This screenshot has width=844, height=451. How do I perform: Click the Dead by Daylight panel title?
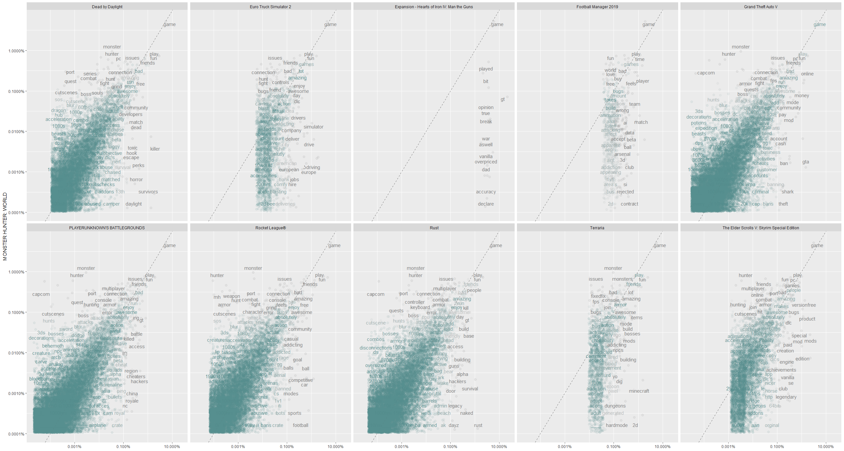click(107, 7)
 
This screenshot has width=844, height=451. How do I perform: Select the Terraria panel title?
click(597, 228)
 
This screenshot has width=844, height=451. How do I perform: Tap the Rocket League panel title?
click(270, 228)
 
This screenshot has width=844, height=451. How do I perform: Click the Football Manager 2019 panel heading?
click(597, 7)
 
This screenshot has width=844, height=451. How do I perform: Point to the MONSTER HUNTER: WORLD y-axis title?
click(5, 226)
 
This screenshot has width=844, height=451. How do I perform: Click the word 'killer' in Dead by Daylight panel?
click(155, 149)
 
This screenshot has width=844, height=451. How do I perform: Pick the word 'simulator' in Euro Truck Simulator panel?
click(313, 127)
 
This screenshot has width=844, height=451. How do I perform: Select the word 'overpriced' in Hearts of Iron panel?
click(486, 162)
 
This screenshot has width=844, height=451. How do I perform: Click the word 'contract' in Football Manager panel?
click(629, 204)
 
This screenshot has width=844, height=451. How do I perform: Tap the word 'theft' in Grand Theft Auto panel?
click(783, 204)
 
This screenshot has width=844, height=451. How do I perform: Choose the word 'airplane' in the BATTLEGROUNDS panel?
click(97, 425)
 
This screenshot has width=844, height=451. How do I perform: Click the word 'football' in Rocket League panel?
click(300, 425)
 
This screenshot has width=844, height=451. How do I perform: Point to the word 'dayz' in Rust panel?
click(454, 425)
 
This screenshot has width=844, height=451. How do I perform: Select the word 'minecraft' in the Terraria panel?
click(639, 391)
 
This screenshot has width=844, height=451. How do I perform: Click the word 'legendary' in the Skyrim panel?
click(786, 397)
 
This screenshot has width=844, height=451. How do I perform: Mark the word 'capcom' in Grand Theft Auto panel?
click(706, 73)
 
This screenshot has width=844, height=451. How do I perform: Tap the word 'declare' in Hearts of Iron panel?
click(486, 204)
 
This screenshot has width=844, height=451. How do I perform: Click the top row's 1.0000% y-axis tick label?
click(16, 51)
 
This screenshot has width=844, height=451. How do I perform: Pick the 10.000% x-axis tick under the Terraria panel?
click(662, 447)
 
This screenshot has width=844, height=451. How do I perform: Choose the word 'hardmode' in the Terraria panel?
click(617, 425)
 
